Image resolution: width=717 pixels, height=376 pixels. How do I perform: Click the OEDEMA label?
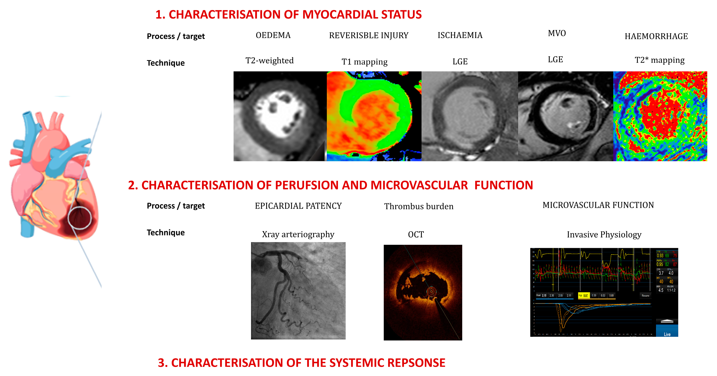tap(273, 35)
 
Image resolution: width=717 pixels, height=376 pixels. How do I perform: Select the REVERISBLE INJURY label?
tap(369, 36)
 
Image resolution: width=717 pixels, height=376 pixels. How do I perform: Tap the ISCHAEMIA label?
tap(460, 35)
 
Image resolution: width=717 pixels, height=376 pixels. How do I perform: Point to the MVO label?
tap(557, 33)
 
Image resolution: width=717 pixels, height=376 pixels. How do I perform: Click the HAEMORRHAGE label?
tap(656, 36)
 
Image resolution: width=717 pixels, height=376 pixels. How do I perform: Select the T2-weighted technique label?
tap(269, 61)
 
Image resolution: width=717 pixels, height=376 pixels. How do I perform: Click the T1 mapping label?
tap(364, 62)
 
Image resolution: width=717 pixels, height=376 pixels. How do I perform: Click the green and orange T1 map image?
tap(374, 116)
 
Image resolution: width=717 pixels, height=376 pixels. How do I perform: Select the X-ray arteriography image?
tap(298, 290)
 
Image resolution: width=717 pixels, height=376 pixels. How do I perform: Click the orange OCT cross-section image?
tap(423, 292)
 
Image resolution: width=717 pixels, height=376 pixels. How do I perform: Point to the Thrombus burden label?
tap(419, 206)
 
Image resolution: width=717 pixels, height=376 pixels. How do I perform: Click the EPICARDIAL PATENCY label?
tap(298, 206)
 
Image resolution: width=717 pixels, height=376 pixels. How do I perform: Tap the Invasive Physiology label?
tap(604, 235)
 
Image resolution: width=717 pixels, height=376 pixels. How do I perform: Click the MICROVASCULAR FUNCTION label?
tap(598, 205)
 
